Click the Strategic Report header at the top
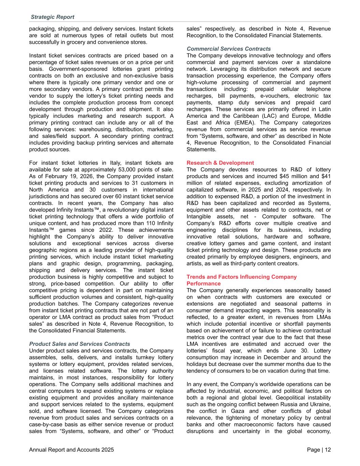[x=52, y=17]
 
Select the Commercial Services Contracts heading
[x=229, y=49]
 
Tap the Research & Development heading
[x=220, y=163]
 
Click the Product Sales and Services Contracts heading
[x=80, y=344]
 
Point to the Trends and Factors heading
[x=242, y=277]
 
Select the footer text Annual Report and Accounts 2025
[x=71, y=450]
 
